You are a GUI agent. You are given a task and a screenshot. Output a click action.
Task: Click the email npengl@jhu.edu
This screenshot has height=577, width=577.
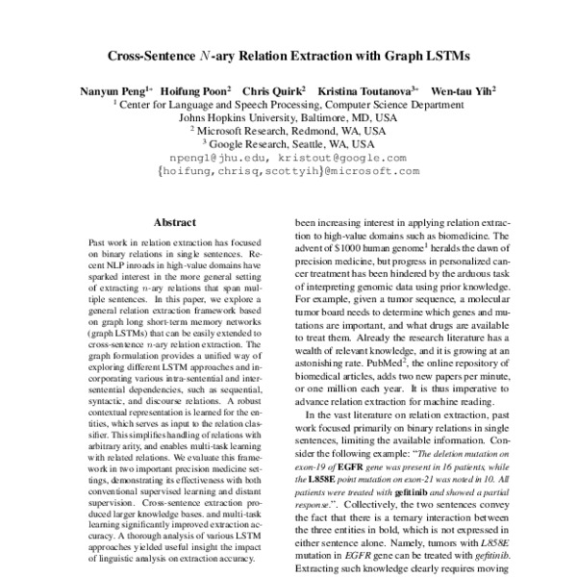click(210, 156)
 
